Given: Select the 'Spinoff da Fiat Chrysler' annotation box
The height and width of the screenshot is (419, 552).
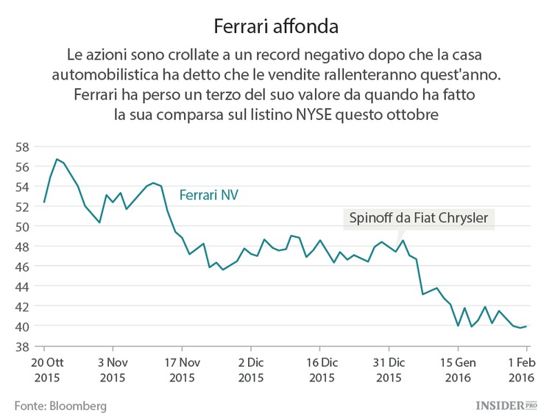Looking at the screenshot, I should click(419, 219).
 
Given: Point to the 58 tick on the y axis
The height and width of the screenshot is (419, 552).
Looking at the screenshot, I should click(22, 147).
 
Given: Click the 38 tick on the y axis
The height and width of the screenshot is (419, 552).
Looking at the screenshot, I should click(22, 346).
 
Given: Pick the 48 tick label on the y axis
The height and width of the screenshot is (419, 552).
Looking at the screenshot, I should click(22, 246).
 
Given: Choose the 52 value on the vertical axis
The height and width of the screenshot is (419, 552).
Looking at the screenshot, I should click(22, 206).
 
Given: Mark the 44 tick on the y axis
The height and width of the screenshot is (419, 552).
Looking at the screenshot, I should click(22, 286).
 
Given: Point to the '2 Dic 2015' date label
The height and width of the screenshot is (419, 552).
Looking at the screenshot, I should click(251, 370).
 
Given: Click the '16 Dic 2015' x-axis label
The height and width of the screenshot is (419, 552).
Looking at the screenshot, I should click(320, 370).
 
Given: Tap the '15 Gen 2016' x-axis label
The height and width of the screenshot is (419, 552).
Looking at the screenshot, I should click(458, 370).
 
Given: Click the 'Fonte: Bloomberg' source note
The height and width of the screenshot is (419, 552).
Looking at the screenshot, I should click(60, 405).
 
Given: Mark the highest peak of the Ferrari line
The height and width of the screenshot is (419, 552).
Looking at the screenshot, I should click(56, 159).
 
